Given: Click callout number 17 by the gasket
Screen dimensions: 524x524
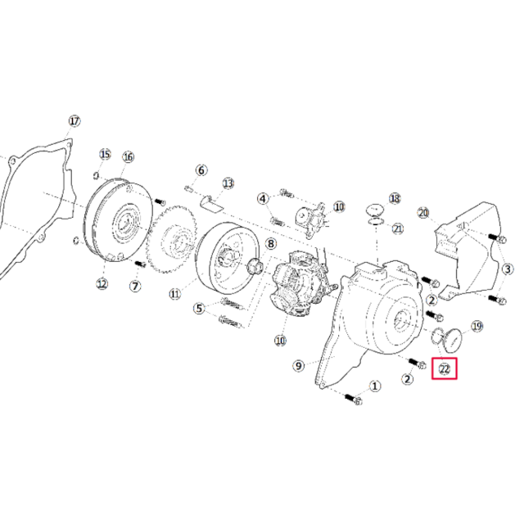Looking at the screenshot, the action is click(x=75, y=120).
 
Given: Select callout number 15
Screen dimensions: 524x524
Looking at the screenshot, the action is click(x=105, y=154).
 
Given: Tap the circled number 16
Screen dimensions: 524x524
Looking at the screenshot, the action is click(x=129, y=156).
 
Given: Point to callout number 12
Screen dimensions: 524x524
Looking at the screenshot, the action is click(x=102, y=284).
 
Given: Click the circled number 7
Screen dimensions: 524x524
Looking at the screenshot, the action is click(x=135, y=286).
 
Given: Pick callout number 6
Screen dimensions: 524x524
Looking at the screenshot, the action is click(x=201, y=170).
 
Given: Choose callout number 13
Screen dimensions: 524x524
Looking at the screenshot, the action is click(x=228, y=183).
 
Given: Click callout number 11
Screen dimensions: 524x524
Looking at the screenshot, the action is click(x=175, y=294).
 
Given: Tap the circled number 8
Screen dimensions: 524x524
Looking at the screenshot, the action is click(x=271, y=244).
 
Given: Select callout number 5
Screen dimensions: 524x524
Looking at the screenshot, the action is click(x=200, y=308).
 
